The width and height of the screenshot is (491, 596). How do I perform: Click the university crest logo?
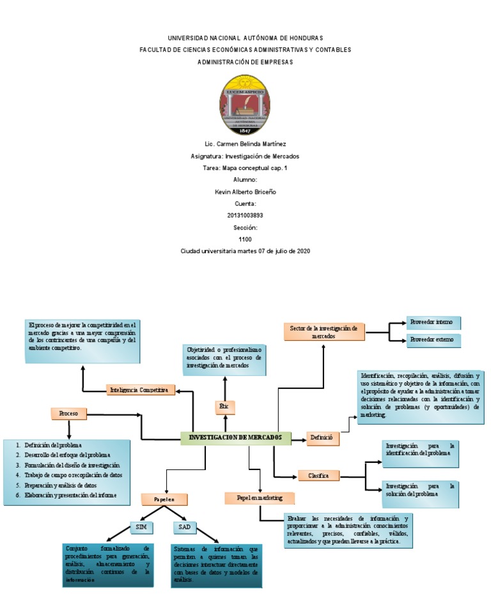click(x=245, y=105)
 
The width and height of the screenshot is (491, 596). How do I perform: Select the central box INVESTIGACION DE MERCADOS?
click(x=235, y=438)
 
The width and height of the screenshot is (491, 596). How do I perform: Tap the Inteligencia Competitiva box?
click(x=140, y=389)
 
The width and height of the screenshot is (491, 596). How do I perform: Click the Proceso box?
click(x=68, y=414)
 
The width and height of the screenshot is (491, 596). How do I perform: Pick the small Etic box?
click(x=224, y=406)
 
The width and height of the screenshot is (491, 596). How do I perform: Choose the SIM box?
click(x=141, y=527)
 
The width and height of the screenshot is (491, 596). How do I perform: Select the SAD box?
click(x=184, y=527)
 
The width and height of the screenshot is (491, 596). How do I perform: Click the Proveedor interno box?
click(x=433, y=322)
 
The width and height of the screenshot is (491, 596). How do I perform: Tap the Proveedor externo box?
click(x=433, y=339)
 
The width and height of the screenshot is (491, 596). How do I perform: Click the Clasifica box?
click(x=318, y=475)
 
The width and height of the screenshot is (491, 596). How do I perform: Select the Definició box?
click(x=323, y=439)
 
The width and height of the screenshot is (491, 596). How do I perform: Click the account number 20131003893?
click(x=245, y=216)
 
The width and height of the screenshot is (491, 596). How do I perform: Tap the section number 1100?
click(x=245, y=239)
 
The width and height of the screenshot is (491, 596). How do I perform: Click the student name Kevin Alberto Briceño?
click(x=245, y=192)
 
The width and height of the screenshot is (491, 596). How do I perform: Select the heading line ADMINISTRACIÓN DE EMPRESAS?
click(x=245, y=62)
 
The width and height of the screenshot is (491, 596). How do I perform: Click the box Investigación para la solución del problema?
click(x=420, y=490)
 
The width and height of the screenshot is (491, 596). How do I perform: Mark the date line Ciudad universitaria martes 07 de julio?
click(x=245, y=251)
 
